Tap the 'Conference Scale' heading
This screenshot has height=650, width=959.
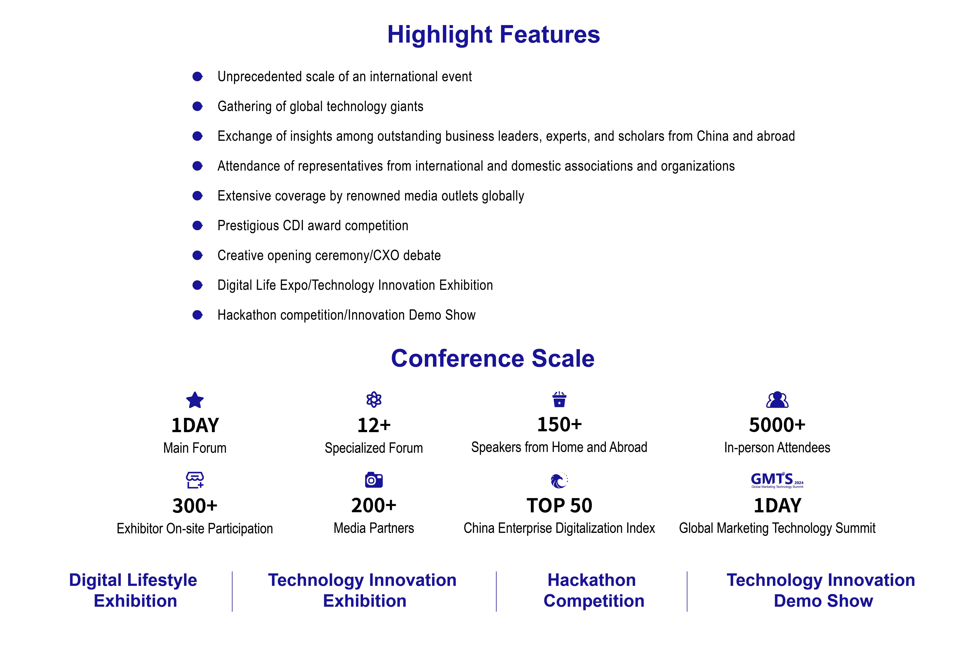click(493, 358)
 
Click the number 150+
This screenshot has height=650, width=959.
click(559, 425)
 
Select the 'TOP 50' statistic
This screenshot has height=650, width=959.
click(559, 506)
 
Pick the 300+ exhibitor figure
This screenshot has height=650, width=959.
click(195, 506)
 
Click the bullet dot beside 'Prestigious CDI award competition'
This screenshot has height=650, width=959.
click(198, 226)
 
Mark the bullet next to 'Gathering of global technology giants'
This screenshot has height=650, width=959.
click(198, 106)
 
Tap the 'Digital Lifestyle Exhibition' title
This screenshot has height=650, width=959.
click(133, 591)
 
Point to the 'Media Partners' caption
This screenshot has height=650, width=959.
click(374, 528)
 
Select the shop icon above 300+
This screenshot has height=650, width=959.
click(195, 480)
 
